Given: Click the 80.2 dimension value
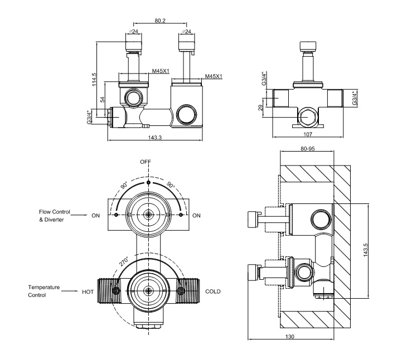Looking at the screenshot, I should (160, 21).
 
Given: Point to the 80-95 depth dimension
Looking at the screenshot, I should (307, 149).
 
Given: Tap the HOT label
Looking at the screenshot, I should (88, 291).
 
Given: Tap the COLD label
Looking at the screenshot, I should (214, 291).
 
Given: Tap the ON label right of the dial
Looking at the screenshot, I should (196, 215).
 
